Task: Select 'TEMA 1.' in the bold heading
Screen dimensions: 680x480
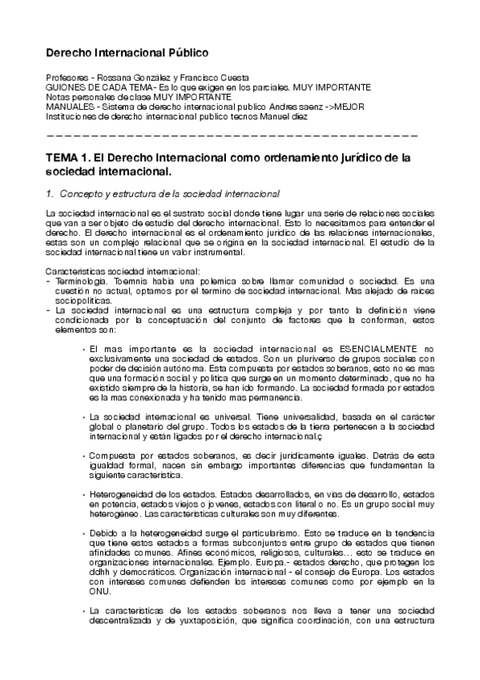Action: [x=67, y=159]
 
